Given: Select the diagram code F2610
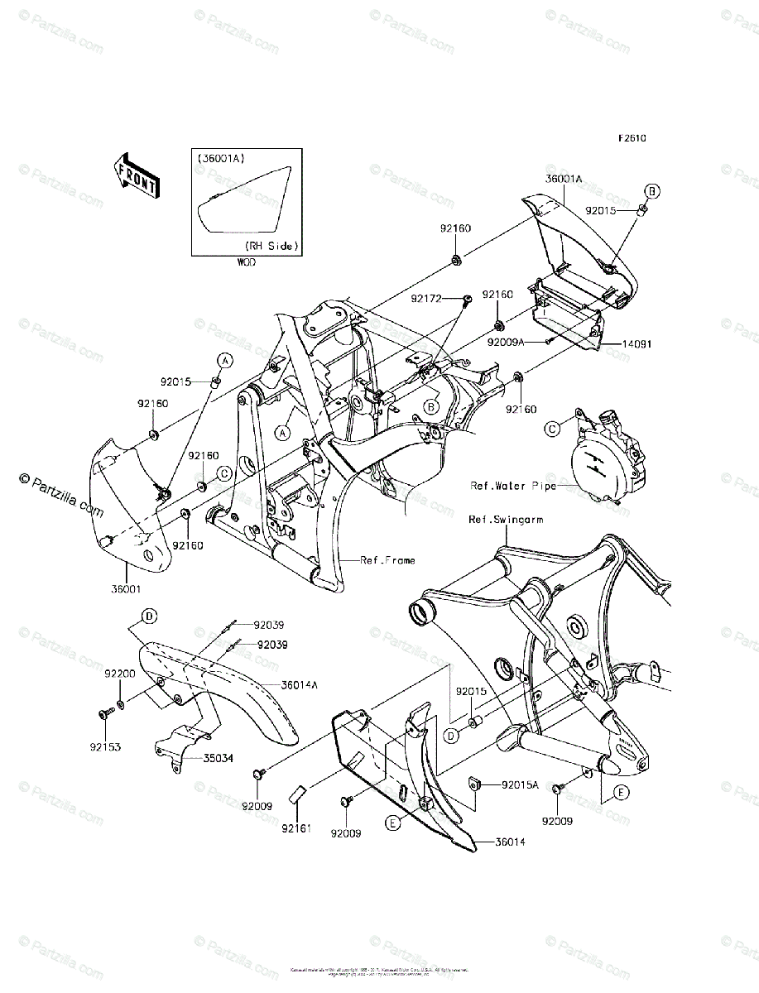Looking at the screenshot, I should pos(632,138).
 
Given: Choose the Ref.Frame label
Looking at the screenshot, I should pos(387,560).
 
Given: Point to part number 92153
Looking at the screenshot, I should pos(107,747).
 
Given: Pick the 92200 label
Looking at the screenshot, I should pos(119,674).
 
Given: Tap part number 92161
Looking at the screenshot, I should pos(295,826).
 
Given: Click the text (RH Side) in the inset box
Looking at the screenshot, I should pos(271,246).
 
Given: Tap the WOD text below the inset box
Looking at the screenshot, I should pos(246,262).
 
